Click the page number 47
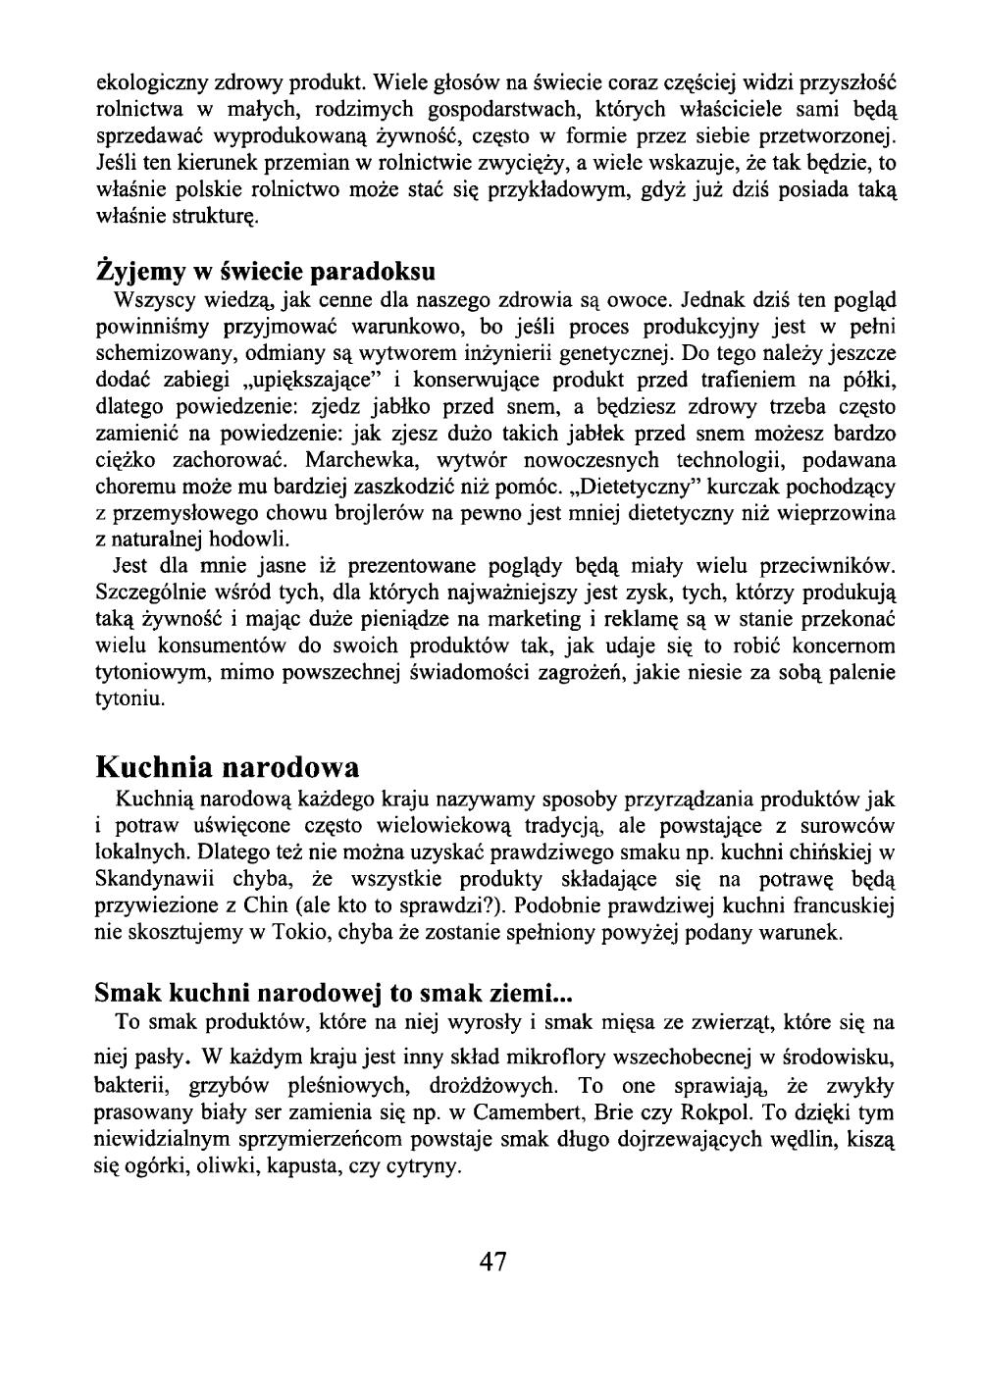pyautogui.click(x=490, y=1261)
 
